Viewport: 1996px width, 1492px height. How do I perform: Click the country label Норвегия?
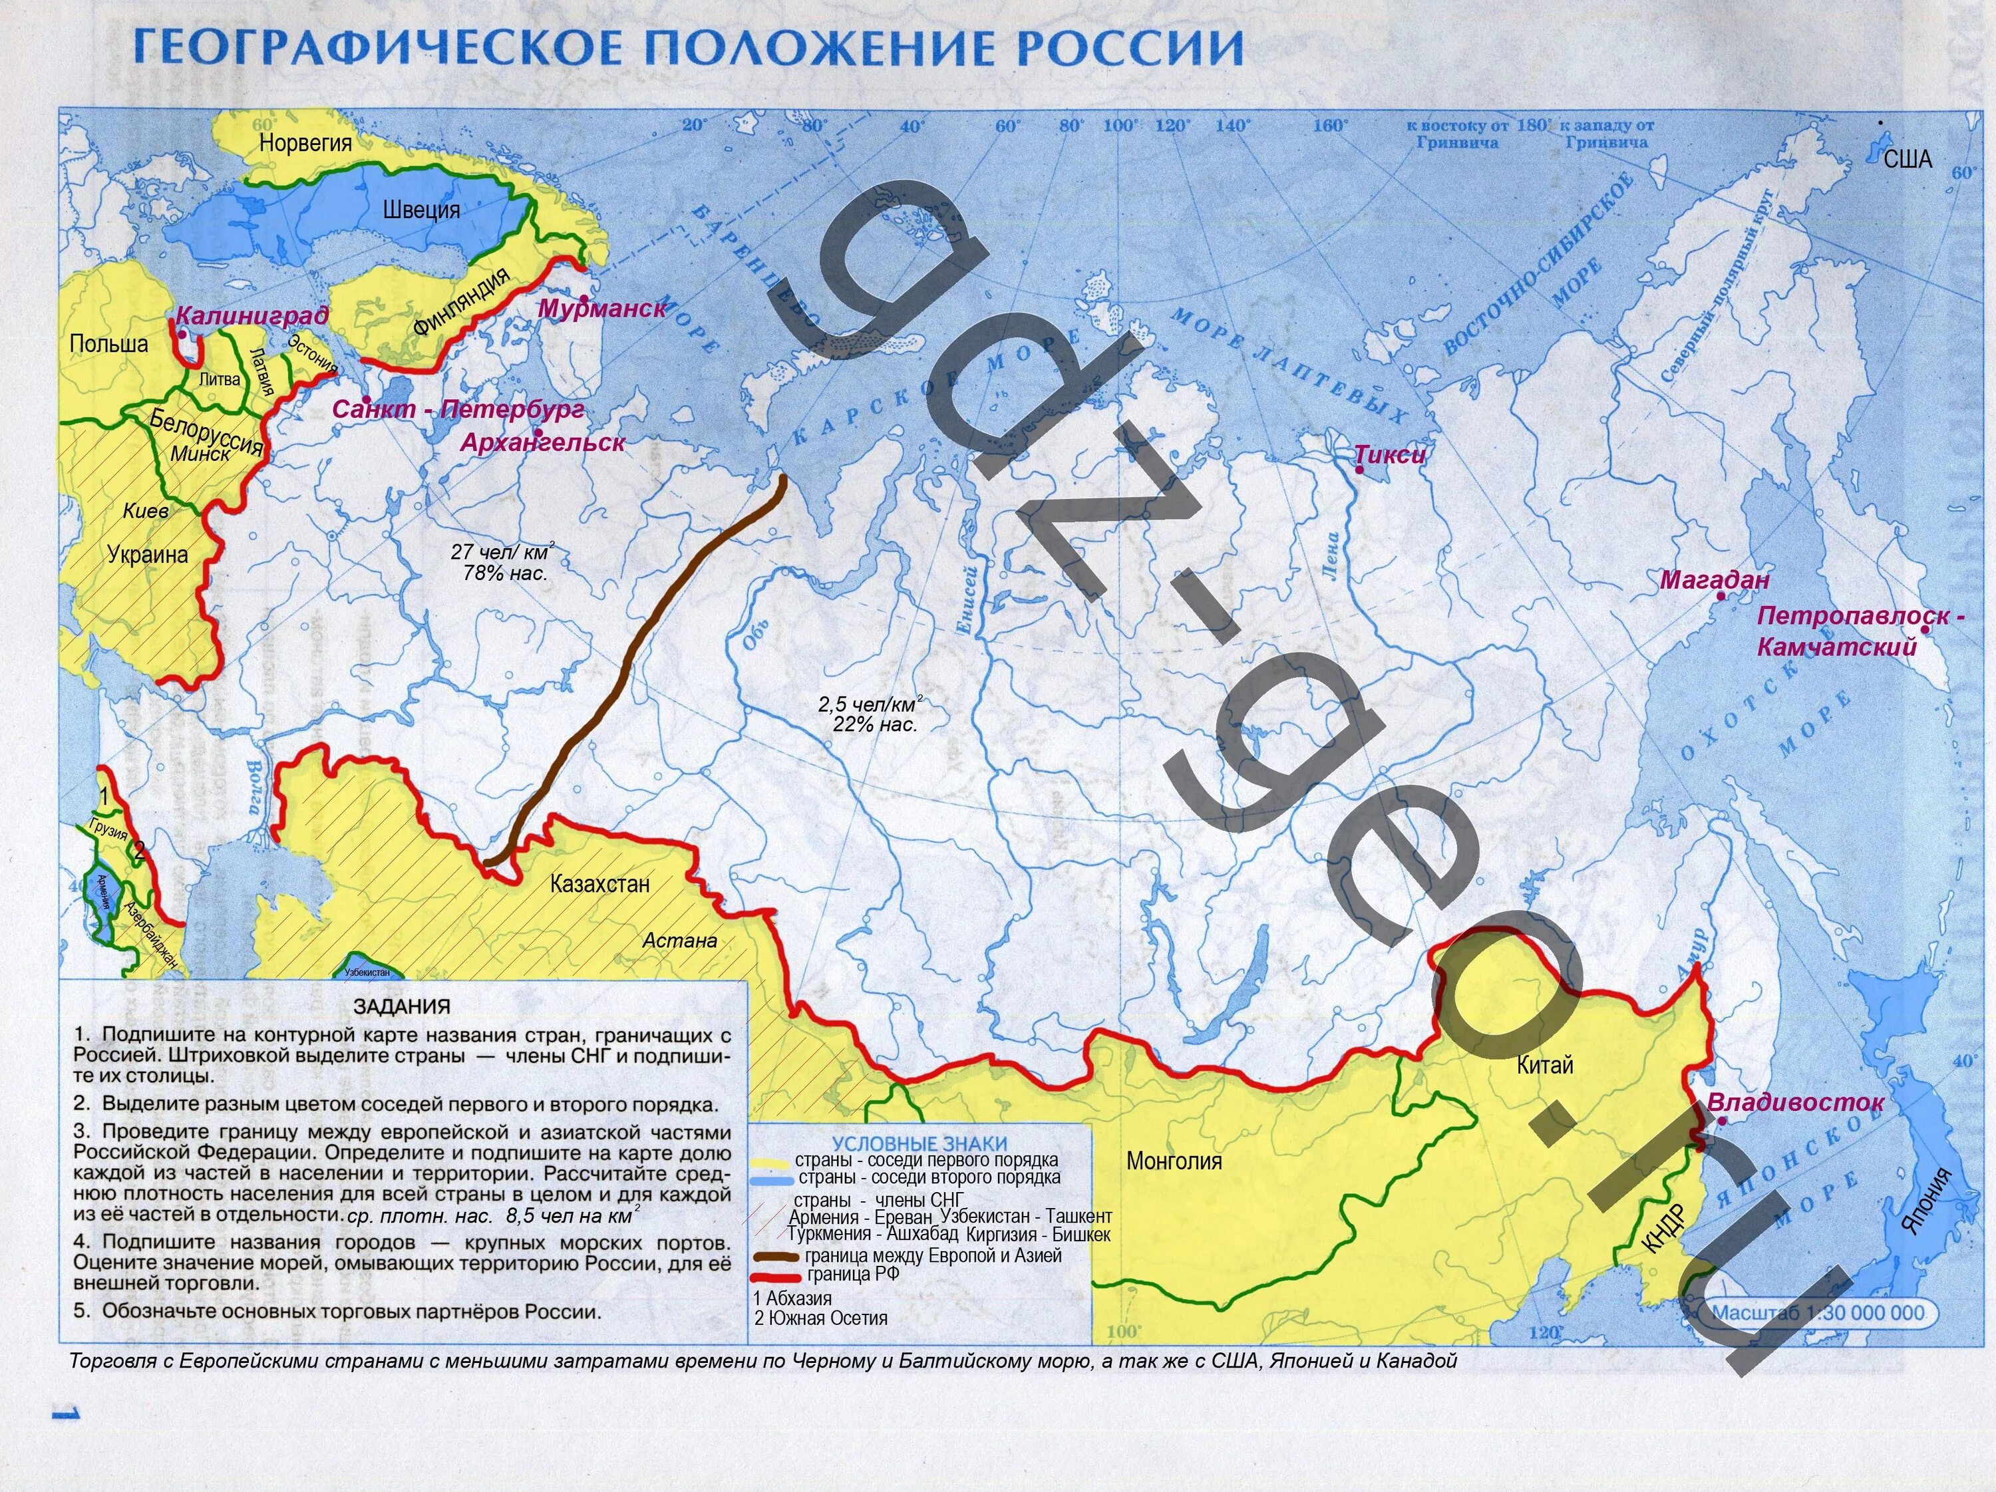pos(305,142)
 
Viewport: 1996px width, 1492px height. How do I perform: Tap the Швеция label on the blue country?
pos(421,210)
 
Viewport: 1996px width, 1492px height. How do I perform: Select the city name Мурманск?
pos(602,309)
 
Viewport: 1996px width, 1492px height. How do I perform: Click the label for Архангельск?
pos(542,443)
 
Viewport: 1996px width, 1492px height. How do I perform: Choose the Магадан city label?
pos(1715,580)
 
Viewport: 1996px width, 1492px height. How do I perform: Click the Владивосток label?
pos(1795,1102)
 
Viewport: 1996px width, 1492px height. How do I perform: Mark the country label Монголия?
pos(1173,1161)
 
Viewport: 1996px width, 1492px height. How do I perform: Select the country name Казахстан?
pos(599,884)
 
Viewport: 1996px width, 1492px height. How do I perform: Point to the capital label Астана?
pos(679,941)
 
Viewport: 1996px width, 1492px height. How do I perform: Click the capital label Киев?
pos(145,511)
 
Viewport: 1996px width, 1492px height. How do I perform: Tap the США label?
pos(1908,160)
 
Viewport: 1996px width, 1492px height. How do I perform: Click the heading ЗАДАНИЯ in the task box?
pos(402,1006)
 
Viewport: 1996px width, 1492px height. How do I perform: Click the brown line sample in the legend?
pos(774,1257)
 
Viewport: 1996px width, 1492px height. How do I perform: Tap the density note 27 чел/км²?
pos(502,552)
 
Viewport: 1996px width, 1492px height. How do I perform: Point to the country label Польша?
pos(108,344)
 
